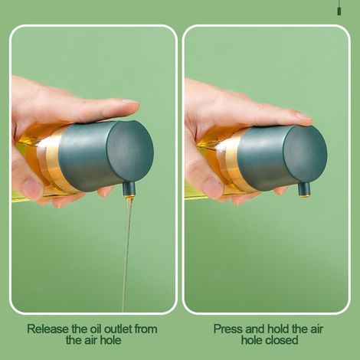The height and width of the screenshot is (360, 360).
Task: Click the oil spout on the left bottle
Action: tap(129, 189)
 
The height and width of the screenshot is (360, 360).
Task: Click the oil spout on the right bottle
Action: tap(304, 190)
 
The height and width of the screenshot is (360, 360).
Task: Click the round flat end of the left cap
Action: tap(130, 150)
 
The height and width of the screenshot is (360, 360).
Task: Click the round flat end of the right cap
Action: tap(305, 155)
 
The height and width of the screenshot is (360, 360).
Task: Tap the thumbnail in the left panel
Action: tap(31, 188)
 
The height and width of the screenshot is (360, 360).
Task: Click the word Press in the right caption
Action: tap(228, 329)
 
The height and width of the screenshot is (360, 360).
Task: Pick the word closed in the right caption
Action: tap(283, 340)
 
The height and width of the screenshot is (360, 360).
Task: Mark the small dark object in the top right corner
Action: tap(339, 11)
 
